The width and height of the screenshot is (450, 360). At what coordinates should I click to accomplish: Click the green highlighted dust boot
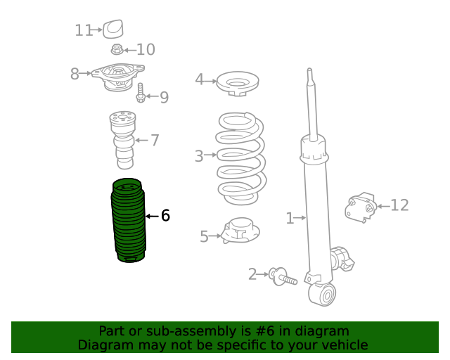pyautogui.click(x=128, y=220)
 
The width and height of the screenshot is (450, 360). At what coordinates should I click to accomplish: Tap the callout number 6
pyautogui.click(x=165, y=215)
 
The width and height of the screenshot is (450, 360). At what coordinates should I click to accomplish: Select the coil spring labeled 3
pyautogui.click(x=240, y=158)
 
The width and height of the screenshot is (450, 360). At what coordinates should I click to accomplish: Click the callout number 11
pyautogui.click(x=84, y=30)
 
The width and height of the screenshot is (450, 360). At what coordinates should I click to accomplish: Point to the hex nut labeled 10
pyautogui.click(x=117, y=49)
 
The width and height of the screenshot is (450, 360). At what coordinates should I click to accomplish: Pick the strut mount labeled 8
pyautogui.click(x=117, y=77)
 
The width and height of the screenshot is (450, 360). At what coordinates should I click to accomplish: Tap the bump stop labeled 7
pyautogui.click(x=122, y=140)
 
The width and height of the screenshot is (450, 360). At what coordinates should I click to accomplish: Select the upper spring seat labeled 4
pyautogui.click(x=238, y=83)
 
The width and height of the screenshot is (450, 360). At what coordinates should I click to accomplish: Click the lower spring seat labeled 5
pyautogui.click(x=240, y=231)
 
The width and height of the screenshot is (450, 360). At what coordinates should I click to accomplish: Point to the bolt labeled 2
pyautogui.click(x=283, y=277)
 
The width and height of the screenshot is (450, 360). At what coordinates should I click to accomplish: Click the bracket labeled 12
pyautogui.click(x=361, y=207)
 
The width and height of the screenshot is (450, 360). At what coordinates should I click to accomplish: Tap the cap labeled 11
pyautogui.click(x=113, y=29)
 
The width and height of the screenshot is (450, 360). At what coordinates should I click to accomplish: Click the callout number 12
pyautogui.click(x=399, y=205)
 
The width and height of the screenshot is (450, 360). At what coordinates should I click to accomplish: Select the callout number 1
pyautogui.click(x=290, y=219)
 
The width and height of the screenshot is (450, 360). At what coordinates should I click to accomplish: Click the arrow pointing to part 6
pyautogui.click(x=152, y=216)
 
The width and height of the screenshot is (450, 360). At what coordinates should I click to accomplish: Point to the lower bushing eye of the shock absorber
pyautogui.click(x=322, y=294)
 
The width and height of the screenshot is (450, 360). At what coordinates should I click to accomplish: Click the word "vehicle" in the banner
pyautogui.click(x=347, y=345)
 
